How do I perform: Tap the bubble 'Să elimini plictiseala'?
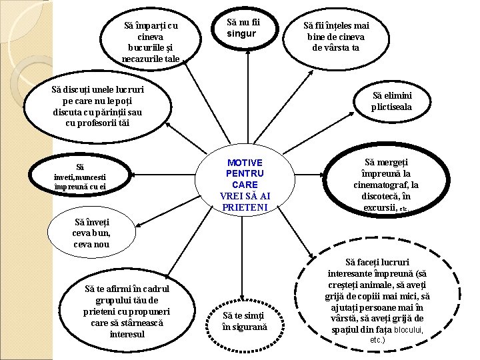(x=392, y=101)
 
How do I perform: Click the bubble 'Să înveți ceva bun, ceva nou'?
(x=91, y=233)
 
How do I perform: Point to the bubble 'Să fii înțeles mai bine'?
(x=336, y=37)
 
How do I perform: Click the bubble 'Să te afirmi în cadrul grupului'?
(x=127, y=310)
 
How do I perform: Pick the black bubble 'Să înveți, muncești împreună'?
(x=79, y=177)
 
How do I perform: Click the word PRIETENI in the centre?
(x=245, y=207)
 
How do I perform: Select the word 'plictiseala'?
(x=392, y=107)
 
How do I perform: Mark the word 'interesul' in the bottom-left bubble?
(x=127, y=333)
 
